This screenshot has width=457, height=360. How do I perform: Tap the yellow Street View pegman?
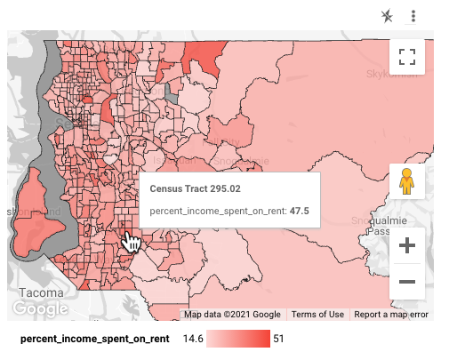click(x=407, y=180)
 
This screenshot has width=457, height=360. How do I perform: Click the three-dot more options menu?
click(x=413, y=16)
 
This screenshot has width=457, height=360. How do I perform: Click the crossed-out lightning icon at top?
click(x=386, y=16)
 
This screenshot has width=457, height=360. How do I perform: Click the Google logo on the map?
click(x=40, y=308)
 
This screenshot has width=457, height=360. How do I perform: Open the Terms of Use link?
click(x=317, y=315)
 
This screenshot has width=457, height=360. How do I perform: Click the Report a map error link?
click(x=390, y=315)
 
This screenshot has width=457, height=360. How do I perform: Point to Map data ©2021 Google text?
click(x=233, y=315)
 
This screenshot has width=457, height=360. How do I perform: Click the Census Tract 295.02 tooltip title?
click(x=195, y=188)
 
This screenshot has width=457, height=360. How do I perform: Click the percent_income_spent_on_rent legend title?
click(x=94, y=339)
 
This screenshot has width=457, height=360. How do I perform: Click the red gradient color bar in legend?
click(x=238, y=339)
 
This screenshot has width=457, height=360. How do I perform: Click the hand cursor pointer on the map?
click(x=131, y=242)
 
